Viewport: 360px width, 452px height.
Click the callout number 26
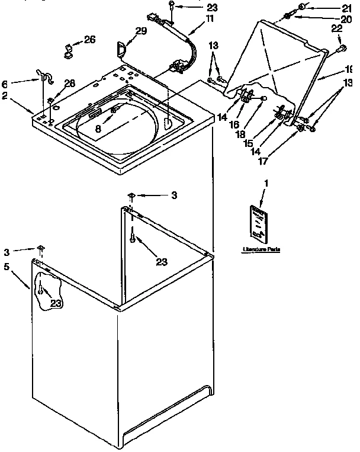point(89,40)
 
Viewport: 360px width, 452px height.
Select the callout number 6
point(5,84)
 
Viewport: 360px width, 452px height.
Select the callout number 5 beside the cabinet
point(7,267)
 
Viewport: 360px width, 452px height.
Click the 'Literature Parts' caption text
point(261,250)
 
